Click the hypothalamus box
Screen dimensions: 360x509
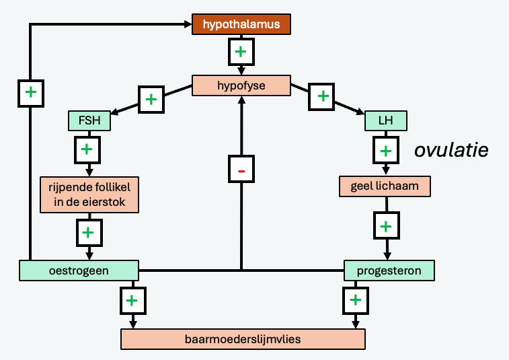[x=241, y=24]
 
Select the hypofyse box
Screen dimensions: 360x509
[x=241, y=85]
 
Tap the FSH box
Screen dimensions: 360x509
[x=89, y=120]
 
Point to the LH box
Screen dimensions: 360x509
[x=386, y=120]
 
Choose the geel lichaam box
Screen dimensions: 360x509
[x=385, y=186]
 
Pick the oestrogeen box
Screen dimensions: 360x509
[x=78, y=271]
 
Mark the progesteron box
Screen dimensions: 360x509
[x=389, y=271]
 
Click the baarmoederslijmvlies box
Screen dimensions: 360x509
[x=243, y=339]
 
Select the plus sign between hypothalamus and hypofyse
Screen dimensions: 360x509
[x=241, y=50]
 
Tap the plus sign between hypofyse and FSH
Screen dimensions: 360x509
[x=151, y=99]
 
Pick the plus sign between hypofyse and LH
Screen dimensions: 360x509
[x=323, y=96]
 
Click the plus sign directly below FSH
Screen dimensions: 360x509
[x=87, y=149]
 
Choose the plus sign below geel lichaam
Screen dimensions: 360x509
[x=385, y=225]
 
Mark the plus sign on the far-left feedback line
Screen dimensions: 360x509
[x=30, y=91]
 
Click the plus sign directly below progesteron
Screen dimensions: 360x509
[x=356, y=299]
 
